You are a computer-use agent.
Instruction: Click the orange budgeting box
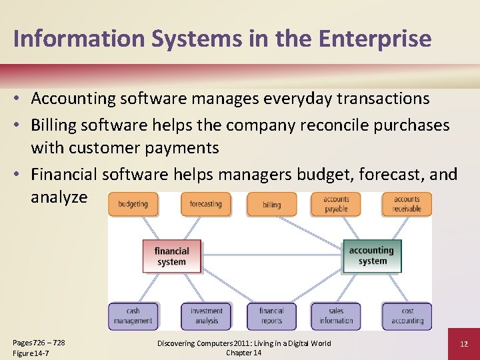pyautogui.click(x=133, y=204)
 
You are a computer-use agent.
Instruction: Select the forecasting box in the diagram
pyautogui.click(x=205, y=204)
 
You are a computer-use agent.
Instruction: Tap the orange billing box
pyautogui.click(x=271, y=205)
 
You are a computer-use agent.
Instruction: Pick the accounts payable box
pyautogui.click(x=336, y=204)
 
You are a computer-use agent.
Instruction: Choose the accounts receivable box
pyautogui.click(x=407, y=204)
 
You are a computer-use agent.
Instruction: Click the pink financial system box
pyautogui.click(x=172, y=256)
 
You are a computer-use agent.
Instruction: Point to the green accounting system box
pyautogui.click(x=372, y=256)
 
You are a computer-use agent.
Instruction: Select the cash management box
pyautogui.click(x=133, y=316)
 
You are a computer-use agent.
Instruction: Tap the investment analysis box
pyautogui.click(x=206, y=316)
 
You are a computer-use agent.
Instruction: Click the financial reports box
pyautogui.click(x=271, y=316)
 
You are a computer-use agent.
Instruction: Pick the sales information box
pyautogui.click(x=336, y=316)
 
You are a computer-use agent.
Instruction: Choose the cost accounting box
pyautogui.click(x=407, y=316)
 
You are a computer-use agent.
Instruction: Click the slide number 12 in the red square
pyautogui.click(x=464, y=343)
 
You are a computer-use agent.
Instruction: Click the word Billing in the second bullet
pyautogui.click(x=55, y=125)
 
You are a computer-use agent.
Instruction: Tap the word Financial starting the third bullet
pyautogui.click(x=65, y=174)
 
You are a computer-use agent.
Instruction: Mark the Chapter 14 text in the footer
pyautogui.click(x=243, y=353)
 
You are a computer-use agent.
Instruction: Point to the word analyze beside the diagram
pyautogui.click(x=59, y=197)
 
